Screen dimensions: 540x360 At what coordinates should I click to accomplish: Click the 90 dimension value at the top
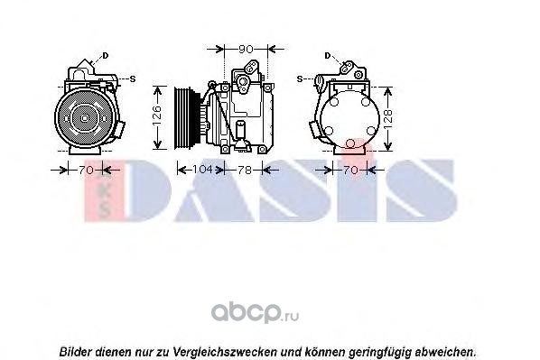(x=246, y=50)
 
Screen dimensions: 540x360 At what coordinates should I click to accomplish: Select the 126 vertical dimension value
(x=157, y=115)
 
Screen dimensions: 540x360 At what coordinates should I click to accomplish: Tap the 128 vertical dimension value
(x=387, y=119)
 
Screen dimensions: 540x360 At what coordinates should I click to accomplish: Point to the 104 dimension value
(x=201, y=170)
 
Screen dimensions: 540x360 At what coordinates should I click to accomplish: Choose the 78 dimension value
(x=245, y=170)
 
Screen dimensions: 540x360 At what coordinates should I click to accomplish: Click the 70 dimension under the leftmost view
(x=86, y=170)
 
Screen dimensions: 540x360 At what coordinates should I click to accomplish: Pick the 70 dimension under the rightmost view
(x=351, y=170)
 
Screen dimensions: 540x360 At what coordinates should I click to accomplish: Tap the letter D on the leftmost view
(x=106, y=55)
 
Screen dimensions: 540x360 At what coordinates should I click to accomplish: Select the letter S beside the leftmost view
(x=133, y=79)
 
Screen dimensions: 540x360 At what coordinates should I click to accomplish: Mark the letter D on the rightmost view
(x=328, y=55)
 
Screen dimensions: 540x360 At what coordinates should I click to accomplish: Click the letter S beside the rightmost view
(x=300, y=79)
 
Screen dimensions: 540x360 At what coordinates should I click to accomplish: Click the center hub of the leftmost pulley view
(x=85, y=118)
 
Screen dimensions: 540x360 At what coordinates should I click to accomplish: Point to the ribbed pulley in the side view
(x=183, y=118)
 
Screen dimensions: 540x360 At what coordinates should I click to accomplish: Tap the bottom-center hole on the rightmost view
(x=350, y=143)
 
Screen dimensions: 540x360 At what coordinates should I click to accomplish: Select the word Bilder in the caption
(x=76, y=352)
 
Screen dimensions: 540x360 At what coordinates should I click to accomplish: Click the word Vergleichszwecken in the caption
(x=225, y=353)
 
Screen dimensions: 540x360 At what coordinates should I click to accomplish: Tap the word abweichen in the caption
(x=446, y=353)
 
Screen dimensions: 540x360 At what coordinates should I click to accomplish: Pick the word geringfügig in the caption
(x=380, y=353)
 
